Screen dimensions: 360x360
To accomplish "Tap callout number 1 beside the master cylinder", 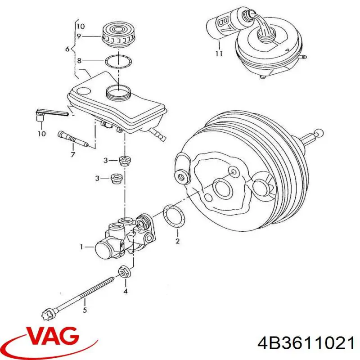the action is click(x=82, y=247).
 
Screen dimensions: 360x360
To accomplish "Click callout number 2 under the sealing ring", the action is click(x=177, y=241).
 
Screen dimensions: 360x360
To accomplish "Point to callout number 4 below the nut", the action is click(x=126, y=291).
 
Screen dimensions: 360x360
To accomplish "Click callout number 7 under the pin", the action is click(x=72, y=155).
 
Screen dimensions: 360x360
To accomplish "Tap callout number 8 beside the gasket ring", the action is click(x=80, y=61).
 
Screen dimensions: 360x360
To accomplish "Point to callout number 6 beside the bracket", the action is click(x=68, y=49).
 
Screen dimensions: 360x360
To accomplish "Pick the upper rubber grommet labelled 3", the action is click(x=125, y=159).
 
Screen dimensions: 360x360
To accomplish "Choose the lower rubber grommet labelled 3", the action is click(x=117, y=178).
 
